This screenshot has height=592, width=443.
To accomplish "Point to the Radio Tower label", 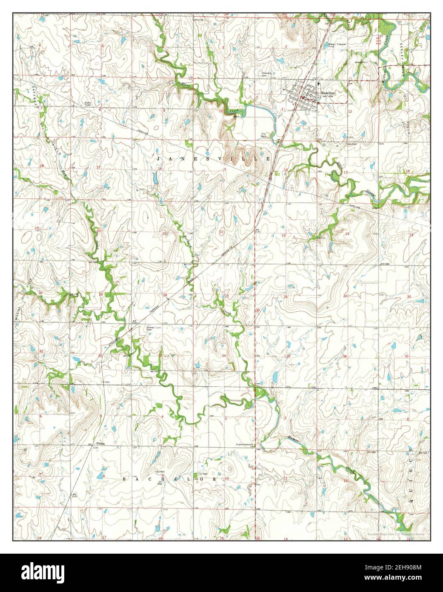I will pyautogui.click(x=88, y=103).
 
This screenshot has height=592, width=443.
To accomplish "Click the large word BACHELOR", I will pyautogui.click(x=169, y=479).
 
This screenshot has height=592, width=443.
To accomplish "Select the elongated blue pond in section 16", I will pyautogui.click(x=154, y=180).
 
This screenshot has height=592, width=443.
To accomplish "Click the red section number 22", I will pyautogui.click(x=221, y=232).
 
